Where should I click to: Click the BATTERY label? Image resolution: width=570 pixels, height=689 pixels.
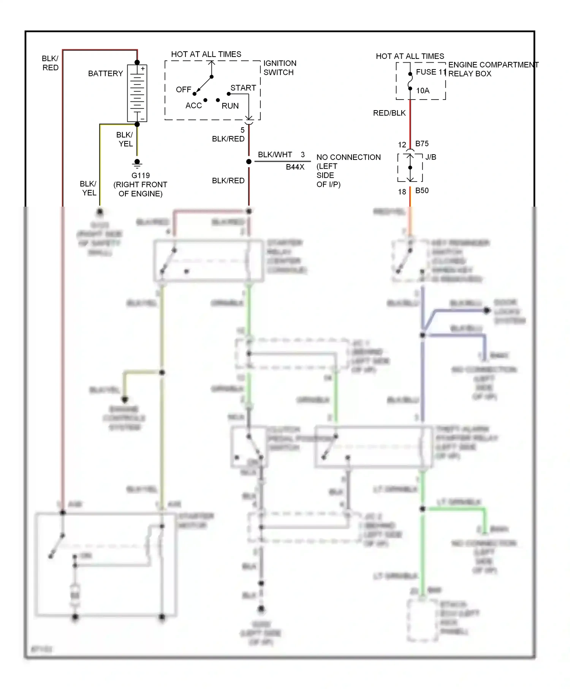click(105, 73)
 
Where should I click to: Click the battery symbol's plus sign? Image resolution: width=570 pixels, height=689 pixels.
click(143, 69)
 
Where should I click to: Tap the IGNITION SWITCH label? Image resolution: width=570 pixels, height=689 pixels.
click(280, 68)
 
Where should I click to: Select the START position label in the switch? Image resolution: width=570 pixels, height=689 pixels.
click(243, 88)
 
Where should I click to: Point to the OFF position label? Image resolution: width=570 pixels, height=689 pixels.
click(184, 90)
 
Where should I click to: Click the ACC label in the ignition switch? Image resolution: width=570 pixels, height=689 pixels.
click(193, 106)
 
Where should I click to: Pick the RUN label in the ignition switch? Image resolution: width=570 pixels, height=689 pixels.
click(230, 106)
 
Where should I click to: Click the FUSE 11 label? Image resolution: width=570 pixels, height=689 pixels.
click(431, 72)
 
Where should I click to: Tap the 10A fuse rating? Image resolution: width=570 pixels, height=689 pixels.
click(423, 90)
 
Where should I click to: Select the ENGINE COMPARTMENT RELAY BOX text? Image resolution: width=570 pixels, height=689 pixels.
click(493, 69)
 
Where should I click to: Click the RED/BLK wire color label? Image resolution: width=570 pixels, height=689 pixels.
click(389, 113)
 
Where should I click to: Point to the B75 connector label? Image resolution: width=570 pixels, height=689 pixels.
click(422, 144)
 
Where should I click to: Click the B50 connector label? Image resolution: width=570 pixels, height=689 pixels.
click(422, 191)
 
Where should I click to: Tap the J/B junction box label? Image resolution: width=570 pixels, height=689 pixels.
click(431, 157)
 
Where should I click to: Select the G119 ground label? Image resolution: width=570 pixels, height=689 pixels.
click(141, 175)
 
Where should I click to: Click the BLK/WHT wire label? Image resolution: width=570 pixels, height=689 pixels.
click(275, 155)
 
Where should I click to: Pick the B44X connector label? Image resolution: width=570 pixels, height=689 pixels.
click(295, 167)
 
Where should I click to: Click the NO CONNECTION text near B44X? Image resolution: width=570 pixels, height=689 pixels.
click(348, 157)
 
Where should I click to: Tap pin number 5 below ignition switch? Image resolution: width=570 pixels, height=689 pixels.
click(242, 130)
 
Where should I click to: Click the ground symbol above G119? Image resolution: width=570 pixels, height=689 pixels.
click(137, 164)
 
